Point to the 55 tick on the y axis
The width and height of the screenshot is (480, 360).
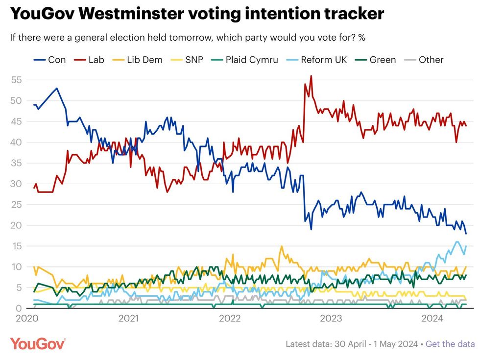click(x=17, y=80)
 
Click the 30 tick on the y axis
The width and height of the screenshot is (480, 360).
click(x=17, y=184)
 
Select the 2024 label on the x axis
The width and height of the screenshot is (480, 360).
click(x=433, y=319)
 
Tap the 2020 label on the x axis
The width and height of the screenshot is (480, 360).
click(x=26, y=319)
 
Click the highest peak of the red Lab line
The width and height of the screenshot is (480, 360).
click(x=311, y=76)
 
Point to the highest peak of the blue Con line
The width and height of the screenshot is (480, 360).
click(x=57, y=88)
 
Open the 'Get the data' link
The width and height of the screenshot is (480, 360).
click(x=450, y=344)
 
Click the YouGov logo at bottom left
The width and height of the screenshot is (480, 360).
click(x=38, y=343)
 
